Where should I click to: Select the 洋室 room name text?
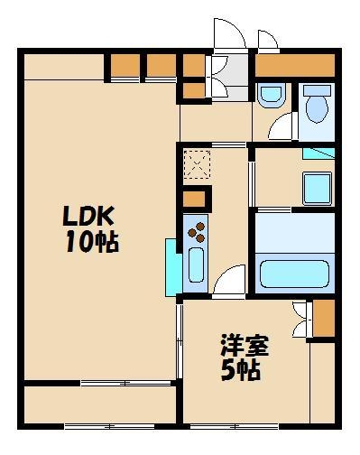coord(246,345)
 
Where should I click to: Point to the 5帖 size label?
coord(243,370)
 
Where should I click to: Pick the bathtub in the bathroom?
coord(296,271)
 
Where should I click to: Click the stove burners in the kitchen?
coord(196,233)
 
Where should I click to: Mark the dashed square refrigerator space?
coord(196,165)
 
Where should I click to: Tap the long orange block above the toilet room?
coord(295,65)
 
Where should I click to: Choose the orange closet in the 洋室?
coord(323,318)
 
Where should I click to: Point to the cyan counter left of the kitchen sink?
coord(171,266)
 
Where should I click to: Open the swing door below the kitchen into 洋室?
coord(228,282)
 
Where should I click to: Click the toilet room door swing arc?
coord(282,126)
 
